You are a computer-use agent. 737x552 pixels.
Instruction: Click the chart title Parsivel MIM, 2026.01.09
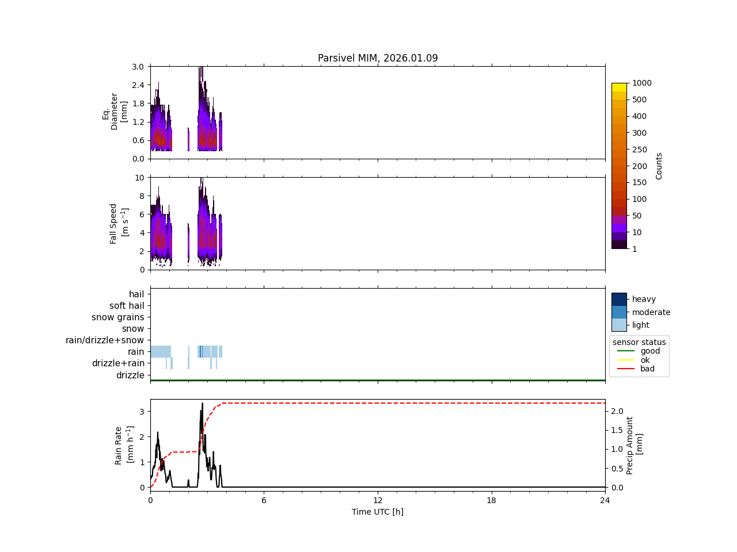pyautogui.click(x=378, y=58)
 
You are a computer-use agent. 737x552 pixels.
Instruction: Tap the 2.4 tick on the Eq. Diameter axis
pyautogui.click(x=138, y=85)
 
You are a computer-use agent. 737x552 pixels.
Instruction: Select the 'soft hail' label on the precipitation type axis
pyautogui.click(x=127, y=306)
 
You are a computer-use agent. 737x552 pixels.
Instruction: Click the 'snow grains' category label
pyautogui.click(x=118, y=317)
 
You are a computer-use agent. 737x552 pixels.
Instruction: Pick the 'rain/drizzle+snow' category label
pyautogui.click(x=105, y=340)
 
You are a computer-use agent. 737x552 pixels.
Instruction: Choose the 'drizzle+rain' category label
pyautogui.click(x=118, y=363)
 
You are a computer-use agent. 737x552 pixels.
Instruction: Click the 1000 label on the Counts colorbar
pyautogui.click(x=642, y=83)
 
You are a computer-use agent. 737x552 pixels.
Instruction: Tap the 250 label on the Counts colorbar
pyautogui.click(x=639, y=149)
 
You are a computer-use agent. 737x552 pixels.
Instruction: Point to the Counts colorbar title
pyautogui.click(x=659, y=166)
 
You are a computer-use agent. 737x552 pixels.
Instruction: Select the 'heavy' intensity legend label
pyautogui.click(x=644, y=299)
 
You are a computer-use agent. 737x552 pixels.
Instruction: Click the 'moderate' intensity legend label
pyautogui.click(x=651, y=312)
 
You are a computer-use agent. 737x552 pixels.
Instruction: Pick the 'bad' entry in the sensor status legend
pyautogui.click(x=647, y=369)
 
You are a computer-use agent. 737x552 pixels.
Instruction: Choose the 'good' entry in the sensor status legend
pyautogui.click(x=650, y=351)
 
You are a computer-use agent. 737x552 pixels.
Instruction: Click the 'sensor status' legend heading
pyautogui.click(x=639, y=342)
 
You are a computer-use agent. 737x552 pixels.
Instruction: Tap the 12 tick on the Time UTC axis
pyautogui.click(x=378, y=500)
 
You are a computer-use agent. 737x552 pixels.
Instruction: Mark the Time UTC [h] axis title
pyautogui.click(x=378, y=512)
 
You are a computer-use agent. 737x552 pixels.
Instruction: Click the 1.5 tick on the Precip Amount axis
pyautogui.click(x=617, y=430)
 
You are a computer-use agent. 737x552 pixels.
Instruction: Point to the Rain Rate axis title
pyautogui.click(x=123, y=445)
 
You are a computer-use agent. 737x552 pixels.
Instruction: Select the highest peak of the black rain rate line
pyautogui.click(x=202, y=404)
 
